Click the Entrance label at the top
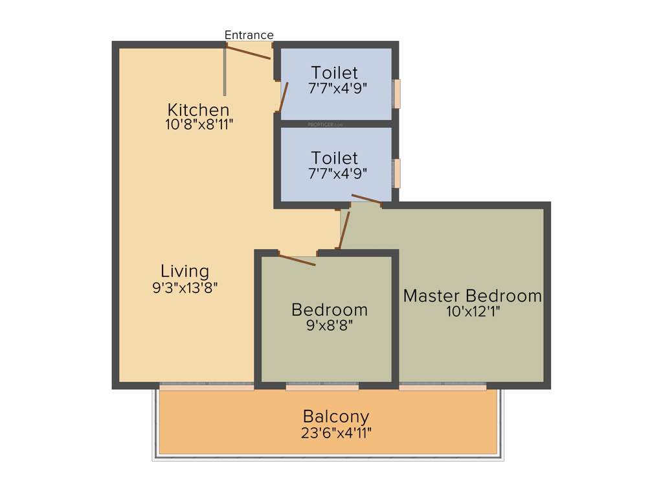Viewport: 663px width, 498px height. pos(249,35)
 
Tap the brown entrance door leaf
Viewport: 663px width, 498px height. pos(248,52)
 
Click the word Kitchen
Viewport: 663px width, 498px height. pos(198,109)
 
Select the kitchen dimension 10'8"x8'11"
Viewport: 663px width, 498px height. pos(199,124)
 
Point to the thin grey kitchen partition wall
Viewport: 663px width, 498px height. pos(225,71)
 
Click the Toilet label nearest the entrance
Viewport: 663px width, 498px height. pos(334,72)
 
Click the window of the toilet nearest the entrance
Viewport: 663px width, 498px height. pos(397,93)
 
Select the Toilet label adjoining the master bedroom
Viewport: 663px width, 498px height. pos(334,158)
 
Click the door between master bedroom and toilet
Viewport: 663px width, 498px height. pos(366,199)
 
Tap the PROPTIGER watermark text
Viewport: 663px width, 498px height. pos(324,123)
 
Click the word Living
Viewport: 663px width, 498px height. pos(185,271)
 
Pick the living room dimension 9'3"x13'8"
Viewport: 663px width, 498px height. pos(185,287)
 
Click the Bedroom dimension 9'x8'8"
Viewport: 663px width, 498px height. pos(330,326)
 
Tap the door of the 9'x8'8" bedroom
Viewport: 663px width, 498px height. pos(297,259)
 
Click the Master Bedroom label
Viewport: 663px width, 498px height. pos(472,296)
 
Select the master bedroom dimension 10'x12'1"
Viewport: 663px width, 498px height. pos(473,311)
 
